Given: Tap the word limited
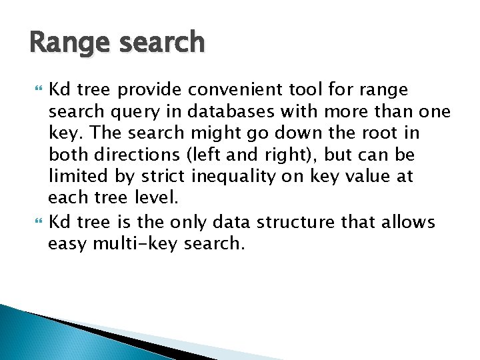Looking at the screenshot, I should pyautogui.click(x=74, y=177).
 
